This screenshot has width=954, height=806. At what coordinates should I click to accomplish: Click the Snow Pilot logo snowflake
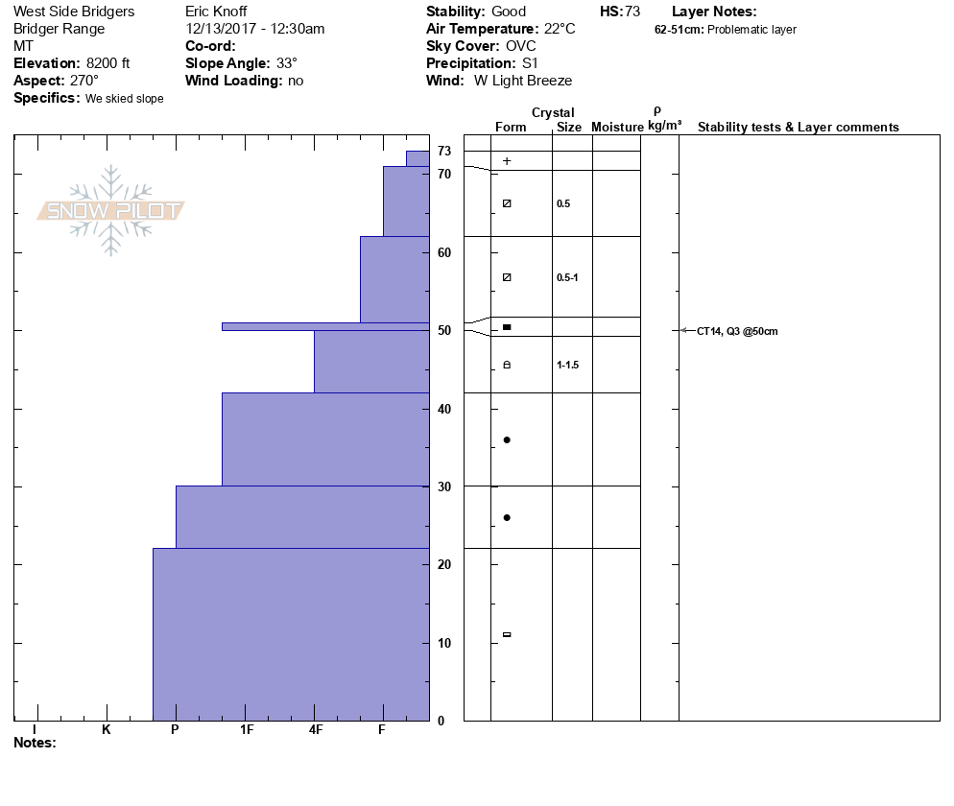tap(111, 210)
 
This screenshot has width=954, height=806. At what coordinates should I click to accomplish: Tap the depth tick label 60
tap(444, 252)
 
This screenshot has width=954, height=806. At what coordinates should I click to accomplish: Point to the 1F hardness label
tap(247, 730)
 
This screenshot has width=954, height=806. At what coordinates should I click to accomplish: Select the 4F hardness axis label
tap(316, 730)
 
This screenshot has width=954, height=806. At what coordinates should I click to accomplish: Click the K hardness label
tap(107, 730)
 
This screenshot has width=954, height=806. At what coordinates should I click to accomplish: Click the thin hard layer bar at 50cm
tap(325, 326)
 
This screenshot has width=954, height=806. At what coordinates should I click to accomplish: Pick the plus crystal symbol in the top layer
tap(507, 161)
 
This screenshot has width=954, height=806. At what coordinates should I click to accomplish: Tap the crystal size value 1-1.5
tap(568, 366)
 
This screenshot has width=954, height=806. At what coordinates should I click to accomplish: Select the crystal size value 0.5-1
tap(567, 277)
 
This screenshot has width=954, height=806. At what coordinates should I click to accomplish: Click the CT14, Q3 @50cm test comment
tap(737, 331)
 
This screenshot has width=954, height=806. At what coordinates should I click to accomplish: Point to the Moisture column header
tap(617, 128)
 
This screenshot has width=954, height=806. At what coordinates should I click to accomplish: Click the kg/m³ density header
tap(664, 126)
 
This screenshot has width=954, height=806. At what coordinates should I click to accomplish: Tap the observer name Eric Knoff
tap(216, 12)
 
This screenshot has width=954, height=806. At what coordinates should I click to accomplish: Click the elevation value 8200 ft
tap(107, 63)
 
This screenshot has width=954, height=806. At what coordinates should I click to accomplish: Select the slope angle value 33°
tap(281, 63)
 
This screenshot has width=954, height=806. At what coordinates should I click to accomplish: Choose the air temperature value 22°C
tap(560, 29)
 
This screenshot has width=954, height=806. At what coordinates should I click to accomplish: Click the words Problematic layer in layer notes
tap(751, 30)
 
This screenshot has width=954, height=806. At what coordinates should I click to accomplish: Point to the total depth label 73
tap(444, 151)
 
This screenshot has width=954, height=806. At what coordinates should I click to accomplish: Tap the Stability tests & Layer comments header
tap(798, 128)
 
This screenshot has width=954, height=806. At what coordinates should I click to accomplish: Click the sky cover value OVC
tap(521, 46)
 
